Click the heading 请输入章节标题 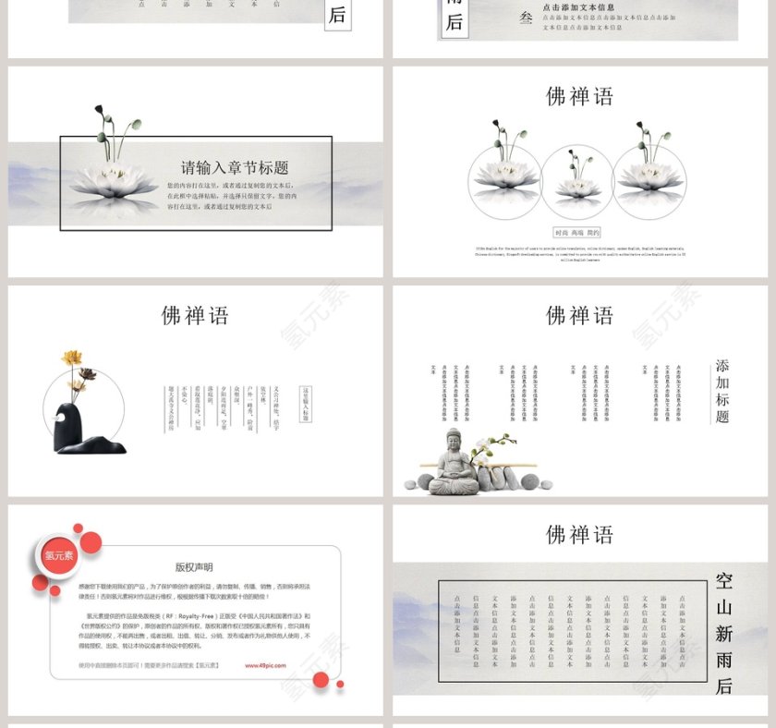tap(235, 167)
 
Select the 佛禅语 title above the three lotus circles tap(579, 96)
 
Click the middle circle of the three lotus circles tap(577, 181)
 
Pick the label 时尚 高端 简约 tap(576, 233)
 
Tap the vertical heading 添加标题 tap(722, 391)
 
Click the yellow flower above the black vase tap(71, 358)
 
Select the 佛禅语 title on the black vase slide tap(195, 315)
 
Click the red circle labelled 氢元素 tap(59, 555)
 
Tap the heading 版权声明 tap(194, 567)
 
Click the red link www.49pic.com tap(265, 665)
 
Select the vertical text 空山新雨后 tap(723, 633)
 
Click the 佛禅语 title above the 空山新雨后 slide tap(579, 534)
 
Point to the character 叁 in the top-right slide tap(527, 17)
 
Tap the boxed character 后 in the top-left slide tap(337, 15)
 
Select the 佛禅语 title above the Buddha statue tap(579, 315)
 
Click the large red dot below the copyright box tap(321, 680)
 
